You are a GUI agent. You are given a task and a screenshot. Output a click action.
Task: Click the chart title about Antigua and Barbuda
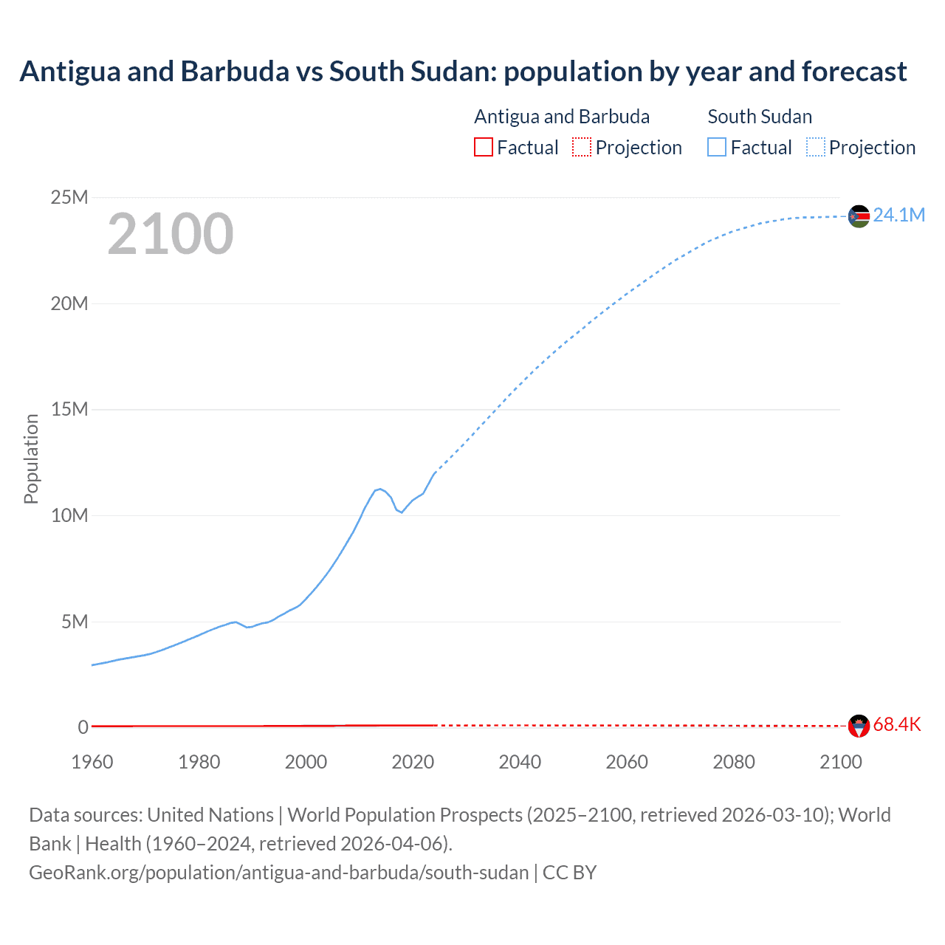tap(463, 72)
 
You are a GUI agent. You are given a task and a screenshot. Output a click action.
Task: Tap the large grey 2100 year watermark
tap(171, 234)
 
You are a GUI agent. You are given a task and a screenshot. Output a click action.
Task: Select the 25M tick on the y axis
tap(69, 197)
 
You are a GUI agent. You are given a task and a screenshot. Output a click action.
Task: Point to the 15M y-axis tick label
tap(69, 409)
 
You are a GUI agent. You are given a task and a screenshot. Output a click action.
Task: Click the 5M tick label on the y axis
tap(75, 622)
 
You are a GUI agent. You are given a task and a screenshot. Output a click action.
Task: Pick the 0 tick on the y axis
tap(83, 727)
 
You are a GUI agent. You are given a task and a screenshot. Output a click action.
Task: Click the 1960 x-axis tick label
tap(92, 762)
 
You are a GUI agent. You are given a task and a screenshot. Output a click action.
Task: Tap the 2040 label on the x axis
tap(520, 762)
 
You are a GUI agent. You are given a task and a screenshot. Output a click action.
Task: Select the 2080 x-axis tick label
tap(734, 762)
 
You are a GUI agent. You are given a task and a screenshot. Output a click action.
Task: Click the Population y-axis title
tap(31, 458)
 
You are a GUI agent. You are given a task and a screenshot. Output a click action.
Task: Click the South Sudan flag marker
tap(859, 216)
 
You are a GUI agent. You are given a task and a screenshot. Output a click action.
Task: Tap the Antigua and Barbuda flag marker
tap(859, 726)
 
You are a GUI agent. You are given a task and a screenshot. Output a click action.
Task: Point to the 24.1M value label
tap(898, 215)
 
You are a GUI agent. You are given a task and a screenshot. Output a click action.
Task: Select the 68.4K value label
tap(896, 724)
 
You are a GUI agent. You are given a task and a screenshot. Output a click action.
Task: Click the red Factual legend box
tap(484, 148)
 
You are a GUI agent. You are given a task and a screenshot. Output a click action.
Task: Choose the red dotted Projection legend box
tap(582, 148)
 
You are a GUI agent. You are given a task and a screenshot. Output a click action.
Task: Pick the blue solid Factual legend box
tap(717, 148)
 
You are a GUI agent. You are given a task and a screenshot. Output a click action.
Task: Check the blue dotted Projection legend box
tap(816, 148)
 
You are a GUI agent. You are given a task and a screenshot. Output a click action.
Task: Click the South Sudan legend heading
tap(760, 117)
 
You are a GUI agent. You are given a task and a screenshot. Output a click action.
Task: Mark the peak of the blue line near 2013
tap(379, 489)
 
